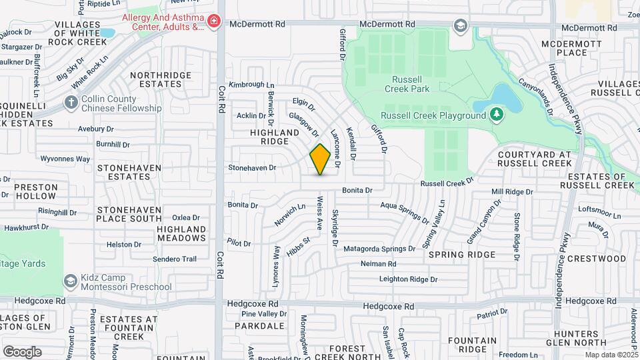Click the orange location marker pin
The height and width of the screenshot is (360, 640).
coord(320,159)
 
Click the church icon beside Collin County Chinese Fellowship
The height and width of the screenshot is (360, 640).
coord(71,103)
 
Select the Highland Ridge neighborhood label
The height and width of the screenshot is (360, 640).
coord(275,137)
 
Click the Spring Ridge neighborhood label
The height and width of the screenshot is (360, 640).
coord(462,255)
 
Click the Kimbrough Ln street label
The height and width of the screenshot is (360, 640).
coord(251,85)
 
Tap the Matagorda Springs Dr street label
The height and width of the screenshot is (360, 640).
coord(379,249)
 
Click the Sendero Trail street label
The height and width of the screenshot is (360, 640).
coord(175,259)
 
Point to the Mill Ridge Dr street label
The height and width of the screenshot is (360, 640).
coord(512,192)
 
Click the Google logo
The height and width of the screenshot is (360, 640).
coord(22,352)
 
